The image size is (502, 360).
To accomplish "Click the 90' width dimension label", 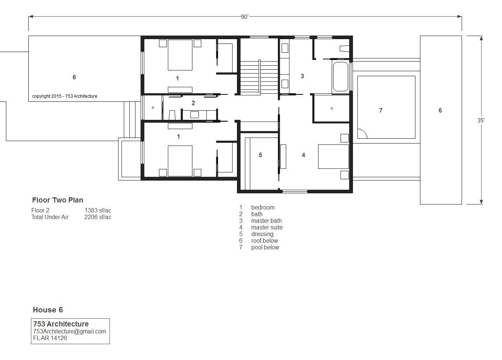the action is pos(244,17).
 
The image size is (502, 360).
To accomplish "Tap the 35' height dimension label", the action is pos(481,121).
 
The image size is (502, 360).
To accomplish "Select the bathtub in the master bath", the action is pos(341,76).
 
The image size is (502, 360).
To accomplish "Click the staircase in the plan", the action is pos(259,77).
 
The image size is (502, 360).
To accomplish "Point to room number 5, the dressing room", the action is pos(260,155).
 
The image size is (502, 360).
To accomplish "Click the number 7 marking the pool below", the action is pos(381,110).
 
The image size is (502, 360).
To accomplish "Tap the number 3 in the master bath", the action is pos(302,76).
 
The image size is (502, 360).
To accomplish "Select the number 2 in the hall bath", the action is pos(193,103).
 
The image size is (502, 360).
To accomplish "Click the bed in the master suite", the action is pos(333,156).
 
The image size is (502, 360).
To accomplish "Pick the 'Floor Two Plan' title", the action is pos(57,200).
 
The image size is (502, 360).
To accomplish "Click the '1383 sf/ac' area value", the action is pos(98,210).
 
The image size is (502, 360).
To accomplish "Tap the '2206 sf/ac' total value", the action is pos(98,217).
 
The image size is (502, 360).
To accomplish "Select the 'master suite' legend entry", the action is pos(267,228).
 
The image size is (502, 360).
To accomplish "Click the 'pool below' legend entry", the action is pos(265,247).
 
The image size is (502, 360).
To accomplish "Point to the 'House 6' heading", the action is pos(48,310).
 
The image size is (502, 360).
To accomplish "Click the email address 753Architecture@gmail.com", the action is pos(70,331).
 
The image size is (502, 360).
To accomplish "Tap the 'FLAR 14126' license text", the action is pos(50,338).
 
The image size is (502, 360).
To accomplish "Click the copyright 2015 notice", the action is pos(65,96).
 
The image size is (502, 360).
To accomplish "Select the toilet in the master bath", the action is pos(345,49).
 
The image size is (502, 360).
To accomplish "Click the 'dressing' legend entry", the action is pos(262,234).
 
